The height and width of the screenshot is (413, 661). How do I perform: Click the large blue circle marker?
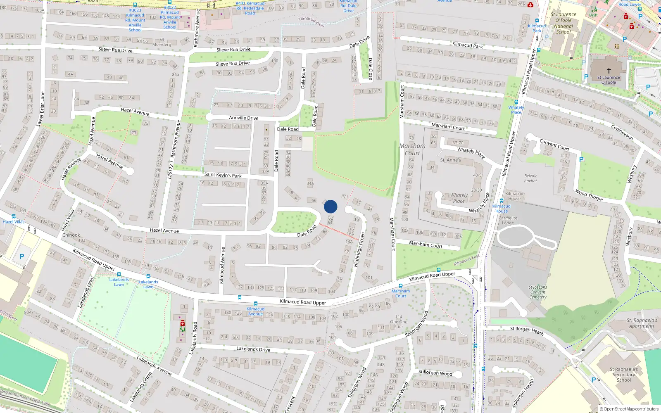[x=330, y=206]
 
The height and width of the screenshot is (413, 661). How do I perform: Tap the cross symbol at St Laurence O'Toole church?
[x=609, y=71]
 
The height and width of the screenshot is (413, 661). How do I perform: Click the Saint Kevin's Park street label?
[x=223, y=175]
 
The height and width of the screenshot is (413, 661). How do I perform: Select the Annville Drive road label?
[x=244, y=118]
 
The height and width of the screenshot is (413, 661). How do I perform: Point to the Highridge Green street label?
[x=359, y=249]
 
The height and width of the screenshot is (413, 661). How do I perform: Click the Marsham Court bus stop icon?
[x=400, y=286]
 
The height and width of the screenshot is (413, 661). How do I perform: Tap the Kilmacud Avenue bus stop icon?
[x=255, y=304]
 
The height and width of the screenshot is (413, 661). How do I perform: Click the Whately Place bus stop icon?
[x=516, y=102]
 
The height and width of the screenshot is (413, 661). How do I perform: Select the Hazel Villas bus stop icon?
[x=14, y=216]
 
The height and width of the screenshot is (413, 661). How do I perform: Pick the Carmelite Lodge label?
[x=508, y=221]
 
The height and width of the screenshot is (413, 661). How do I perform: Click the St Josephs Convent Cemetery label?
[x=537, y=292]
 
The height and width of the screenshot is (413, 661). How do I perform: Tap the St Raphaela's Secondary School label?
[x=624, y=375]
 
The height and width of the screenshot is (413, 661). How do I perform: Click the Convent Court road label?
[x=554, y=145]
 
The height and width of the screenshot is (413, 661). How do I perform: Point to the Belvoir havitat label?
[x=530, y=178]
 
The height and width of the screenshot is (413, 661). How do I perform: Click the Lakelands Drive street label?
[x=253, y=349]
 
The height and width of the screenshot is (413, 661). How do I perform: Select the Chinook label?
[x=71, y=235]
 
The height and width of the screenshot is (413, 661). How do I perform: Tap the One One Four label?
[x=398, y=322]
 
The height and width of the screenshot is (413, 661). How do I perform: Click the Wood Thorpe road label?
[x=589, y=195]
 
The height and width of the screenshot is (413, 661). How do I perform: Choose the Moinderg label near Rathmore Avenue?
[x=162, y=45]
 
